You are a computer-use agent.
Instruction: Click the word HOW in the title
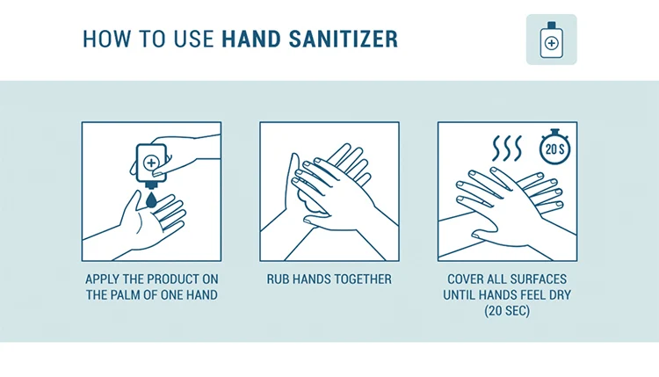click(107, 39)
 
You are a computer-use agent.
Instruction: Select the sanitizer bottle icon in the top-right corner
click(552, 40)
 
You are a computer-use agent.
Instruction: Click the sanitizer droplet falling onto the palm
click(151, 199)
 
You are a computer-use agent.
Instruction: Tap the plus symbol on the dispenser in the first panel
click(151, 163)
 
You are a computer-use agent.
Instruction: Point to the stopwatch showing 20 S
click(554, 147)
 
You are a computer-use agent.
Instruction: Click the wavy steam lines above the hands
click(507, 148)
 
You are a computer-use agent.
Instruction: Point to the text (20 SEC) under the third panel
click(507, 311)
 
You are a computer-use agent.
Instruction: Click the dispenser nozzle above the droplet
click(151, 185)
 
